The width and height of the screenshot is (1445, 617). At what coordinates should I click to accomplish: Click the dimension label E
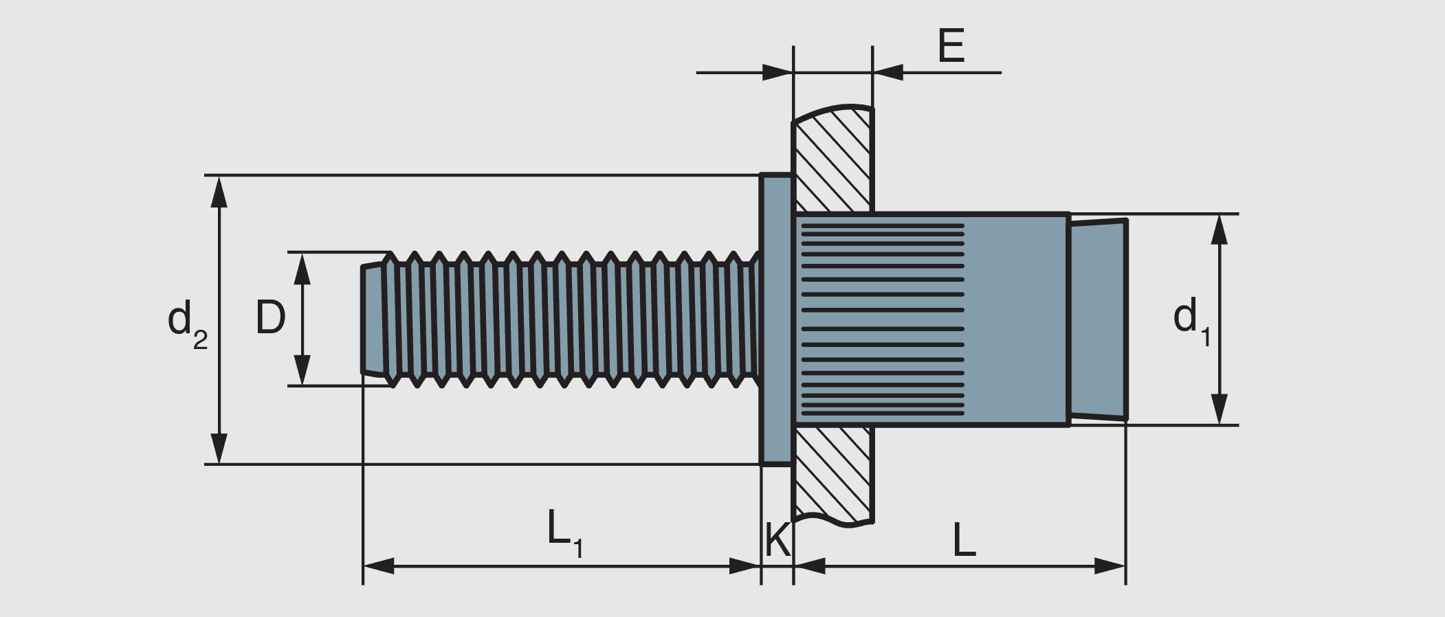(951, 47)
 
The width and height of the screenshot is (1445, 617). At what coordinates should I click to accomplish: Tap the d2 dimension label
(186, 323)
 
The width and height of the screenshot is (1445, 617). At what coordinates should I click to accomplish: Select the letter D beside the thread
(270, 318)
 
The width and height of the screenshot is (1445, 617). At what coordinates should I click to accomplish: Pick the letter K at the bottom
(777, 540)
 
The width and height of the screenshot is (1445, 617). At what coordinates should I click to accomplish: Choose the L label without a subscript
(964, 541)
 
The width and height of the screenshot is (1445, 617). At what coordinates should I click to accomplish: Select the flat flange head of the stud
(777, 319)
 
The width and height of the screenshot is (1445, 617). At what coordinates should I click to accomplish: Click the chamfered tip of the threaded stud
(372, 319)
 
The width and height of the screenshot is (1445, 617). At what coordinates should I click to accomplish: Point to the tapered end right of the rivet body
(1098, 319)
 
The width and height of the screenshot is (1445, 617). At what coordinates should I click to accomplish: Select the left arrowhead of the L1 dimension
(379, 566)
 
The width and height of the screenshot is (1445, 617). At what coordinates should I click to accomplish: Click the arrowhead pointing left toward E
(887, 72)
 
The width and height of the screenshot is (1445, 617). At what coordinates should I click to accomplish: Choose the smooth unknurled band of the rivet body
(1016, 319)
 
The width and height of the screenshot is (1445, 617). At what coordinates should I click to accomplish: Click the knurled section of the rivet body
(882, 319)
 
